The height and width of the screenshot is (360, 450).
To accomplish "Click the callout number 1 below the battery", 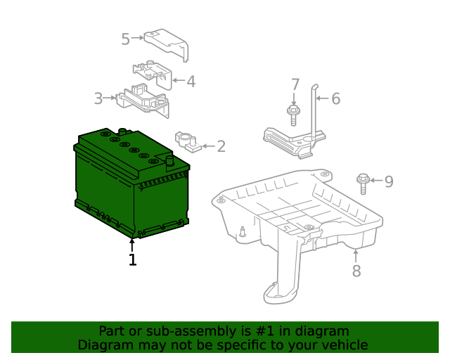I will coord(132,260).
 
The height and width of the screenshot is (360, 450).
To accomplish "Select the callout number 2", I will coord(221,146).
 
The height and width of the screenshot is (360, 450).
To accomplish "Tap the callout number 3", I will coord(98,98).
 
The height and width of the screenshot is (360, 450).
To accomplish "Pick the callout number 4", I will coord(191,82).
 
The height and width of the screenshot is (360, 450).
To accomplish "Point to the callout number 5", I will coord(125,39).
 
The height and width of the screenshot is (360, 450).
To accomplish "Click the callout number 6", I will coord(335,99).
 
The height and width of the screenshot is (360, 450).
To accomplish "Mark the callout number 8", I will coord(356,271).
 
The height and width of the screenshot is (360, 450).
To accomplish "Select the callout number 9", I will coord(388,182).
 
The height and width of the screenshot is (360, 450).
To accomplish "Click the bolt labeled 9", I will coord(363,183).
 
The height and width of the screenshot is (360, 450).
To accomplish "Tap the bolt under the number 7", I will coord(292,112).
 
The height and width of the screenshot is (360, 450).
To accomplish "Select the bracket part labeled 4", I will coord(153,73).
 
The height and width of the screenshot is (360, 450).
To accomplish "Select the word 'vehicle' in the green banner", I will coord(342,345).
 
